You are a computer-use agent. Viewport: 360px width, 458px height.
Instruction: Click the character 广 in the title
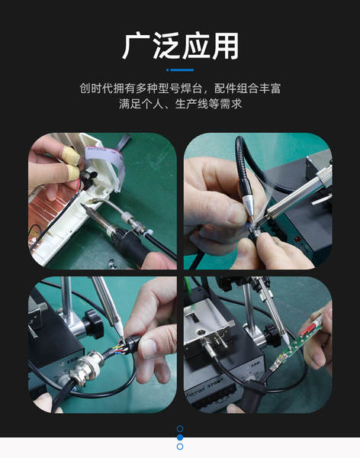[x=136, y=46]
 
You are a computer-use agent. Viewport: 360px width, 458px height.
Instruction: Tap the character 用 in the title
[x=226, y=46]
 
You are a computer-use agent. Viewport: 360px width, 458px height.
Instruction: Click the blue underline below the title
[x=180, y=70]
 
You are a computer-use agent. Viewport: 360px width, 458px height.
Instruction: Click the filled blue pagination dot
[x=180, y=437]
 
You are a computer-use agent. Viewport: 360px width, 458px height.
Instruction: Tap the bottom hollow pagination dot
[x=180, y=447]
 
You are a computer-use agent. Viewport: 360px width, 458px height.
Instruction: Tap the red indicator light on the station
[x=298, y=240]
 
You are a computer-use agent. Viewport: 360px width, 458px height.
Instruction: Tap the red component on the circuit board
[x=309, y=327]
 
